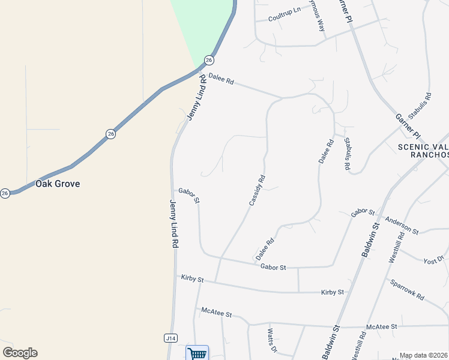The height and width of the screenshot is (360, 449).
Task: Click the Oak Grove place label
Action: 58,184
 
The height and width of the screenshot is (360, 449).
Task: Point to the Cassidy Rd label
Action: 257,191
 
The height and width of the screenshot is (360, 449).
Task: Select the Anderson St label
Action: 402,224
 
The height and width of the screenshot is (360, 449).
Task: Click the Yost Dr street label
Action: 433,260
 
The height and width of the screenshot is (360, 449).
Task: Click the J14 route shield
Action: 171,338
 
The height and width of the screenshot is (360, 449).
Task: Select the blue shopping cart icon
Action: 197,353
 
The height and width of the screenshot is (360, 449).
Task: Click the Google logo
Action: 20,353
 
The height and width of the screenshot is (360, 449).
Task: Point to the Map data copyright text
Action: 423,355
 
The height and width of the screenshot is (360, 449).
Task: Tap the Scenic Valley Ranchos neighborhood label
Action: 423,151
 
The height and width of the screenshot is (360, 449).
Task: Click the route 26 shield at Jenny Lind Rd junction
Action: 208,60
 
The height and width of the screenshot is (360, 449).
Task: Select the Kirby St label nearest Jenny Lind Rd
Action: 193,279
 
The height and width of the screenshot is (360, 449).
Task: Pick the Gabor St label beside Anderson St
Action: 363,213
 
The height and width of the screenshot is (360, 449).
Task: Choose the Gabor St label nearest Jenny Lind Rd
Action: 188,195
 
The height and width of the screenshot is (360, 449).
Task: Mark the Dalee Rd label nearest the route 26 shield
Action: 221,79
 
